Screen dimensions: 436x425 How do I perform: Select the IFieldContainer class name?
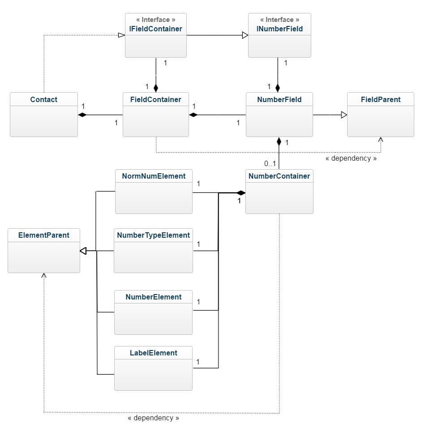156,29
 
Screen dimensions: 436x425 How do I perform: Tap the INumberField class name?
279,29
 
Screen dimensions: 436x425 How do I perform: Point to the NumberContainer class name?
279,176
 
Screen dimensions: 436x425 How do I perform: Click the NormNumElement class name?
154,176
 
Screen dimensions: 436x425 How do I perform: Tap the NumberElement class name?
153,297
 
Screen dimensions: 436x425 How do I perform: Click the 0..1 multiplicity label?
270,164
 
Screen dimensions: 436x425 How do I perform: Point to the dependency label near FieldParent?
351,158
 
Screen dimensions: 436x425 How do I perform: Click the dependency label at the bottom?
153,418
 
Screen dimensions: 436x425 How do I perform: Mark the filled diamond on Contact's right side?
82,115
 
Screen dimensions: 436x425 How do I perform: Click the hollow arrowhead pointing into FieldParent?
344,115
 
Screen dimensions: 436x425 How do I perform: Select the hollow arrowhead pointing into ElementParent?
83,251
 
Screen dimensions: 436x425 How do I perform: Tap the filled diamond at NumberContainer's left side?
241,193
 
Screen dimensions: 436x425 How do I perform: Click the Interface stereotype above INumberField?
279,20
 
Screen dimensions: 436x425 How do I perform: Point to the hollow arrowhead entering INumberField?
245,35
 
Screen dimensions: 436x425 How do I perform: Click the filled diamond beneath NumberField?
279,142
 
